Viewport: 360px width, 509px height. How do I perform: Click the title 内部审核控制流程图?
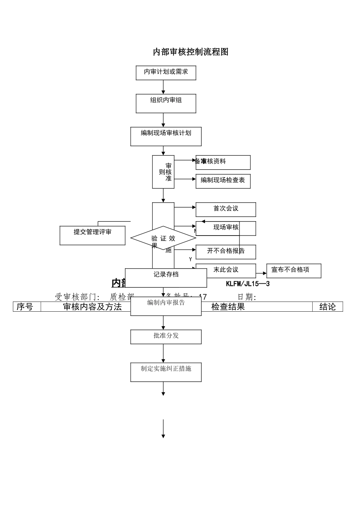[x=191, y=52]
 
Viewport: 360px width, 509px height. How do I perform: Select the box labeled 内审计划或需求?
[x=166, y=72]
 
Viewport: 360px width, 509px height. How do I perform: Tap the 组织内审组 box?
[x=166, y=103]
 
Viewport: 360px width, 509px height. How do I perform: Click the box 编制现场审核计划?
[x=166, y=136]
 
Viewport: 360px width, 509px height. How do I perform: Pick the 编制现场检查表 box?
[x=223, y=181]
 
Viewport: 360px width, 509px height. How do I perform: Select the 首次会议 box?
[x=225, y=209]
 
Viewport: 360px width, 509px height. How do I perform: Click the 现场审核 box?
[x=225, y=228]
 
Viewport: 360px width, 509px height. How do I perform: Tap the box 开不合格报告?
[x=225, y=251]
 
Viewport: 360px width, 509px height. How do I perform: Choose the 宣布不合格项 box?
[x=293, y=270]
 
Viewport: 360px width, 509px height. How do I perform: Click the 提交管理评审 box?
[x=92, y=235]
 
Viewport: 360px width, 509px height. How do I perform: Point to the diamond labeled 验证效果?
[x=163, y=239]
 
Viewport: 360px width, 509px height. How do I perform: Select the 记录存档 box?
[x=166, y=278]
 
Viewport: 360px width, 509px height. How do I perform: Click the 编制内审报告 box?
[x=166, y=306]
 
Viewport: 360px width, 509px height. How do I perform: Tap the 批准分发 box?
[x=166, y=336]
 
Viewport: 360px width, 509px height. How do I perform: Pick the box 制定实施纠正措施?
[x=166, y=372]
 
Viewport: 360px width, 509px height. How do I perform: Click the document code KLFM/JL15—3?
[x=247, y=284]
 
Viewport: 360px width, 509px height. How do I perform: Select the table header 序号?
[x=25, y=307]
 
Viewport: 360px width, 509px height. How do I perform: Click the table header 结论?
[x=327, y=307]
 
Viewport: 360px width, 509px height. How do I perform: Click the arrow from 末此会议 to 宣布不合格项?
[x=261, y=273]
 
